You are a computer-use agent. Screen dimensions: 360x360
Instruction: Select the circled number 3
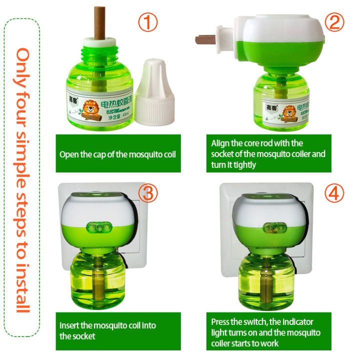tap(147, 194)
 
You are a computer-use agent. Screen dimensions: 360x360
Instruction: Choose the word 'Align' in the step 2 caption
tap(221, 143)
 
